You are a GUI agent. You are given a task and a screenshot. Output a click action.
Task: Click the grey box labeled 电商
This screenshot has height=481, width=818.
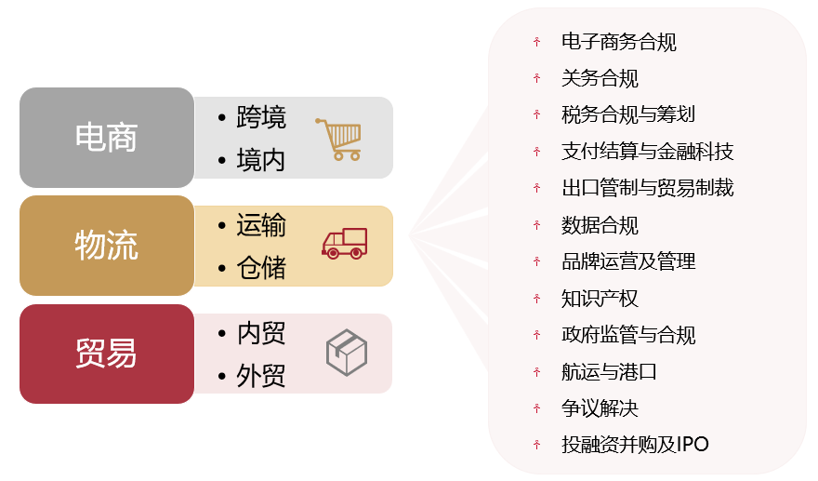(x=107, y=138)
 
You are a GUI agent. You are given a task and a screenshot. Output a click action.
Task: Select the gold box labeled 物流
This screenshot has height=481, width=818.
(x=107, y=246)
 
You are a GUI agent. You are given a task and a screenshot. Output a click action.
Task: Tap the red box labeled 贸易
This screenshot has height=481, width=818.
(x=107, y=354)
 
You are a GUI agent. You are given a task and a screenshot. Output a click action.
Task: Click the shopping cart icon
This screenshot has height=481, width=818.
(x=338, y=139)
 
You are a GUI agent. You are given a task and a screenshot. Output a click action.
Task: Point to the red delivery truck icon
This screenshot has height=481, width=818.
(x=344, y=244)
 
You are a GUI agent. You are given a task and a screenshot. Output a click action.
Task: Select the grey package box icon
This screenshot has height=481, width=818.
(x=347, y=353)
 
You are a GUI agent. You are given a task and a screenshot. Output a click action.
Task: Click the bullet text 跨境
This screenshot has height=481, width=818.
(x=261, y=117)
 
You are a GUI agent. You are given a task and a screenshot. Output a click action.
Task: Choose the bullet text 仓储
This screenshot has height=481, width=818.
(x=261, y=268)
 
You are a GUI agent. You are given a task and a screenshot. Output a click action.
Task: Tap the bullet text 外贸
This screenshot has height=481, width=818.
(x=261, y=376)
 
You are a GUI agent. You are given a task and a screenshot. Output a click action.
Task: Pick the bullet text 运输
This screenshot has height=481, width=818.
(x=261, y=225)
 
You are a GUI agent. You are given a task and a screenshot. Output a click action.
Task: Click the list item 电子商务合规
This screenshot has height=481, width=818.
(x=619, y=42)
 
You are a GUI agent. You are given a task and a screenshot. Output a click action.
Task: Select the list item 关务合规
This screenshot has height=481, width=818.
(x=600, y=78)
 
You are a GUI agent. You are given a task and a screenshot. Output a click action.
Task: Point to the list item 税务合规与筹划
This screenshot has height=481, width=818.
(x=628, y=114)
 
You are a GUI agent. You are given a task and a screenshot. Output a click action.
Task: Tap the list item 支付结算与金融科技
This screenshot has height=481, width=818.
(x=647, y=152)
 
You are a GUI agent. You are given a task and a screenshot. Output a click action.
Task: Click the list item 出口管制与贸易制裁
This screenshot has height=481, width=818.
(x=647, y=188)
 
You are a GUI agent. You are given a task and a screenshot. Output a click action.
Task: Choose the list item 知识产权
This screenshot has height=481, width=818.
(x=600, y=299)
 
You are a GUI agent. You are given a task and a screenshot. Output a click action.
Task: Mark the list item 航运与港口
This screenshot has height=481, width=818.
(x=609, y=372)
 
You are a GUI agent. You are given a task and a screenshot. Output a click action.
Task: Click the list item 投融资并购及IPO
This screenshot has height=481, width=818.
(x=635, y=445)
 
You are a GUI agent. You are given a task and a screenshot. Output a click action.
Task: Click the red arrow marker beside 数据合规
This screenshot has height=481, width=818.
(x=537, y=225)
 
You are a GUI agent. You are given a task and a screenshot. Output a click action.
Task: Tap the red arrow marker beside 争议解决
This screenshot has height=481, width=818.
(x=537, y=408)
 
